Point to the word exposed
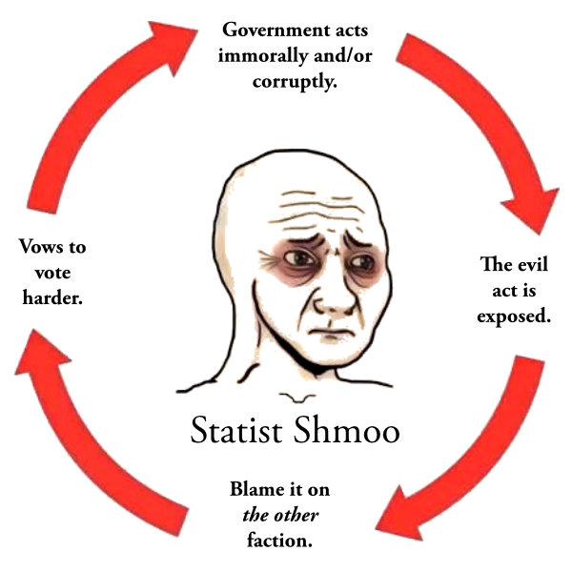tap(514, 316)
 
